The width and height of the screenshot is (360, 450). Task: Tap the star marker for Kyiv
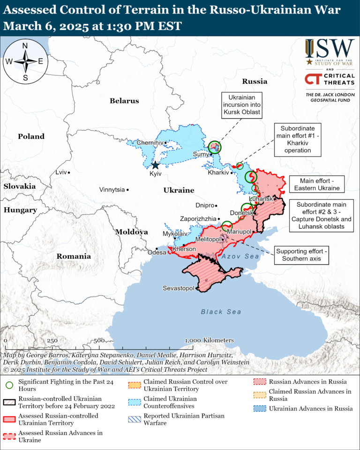(x=155, y=165)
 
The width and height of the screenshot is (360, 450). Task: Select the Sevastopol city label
(x=178, y=288)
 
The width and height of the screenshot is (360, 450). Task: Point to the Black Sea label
(x=221, y=312)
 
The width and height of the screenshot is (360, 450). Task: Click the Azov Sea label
(x=240, y=256)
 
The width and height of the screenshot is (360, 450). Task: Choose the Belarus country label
(x=124, y=101)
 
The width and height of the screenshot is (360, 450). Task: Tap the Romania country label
(x=74, y=256)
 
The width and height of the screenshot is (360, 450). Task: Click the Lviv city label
(x=61, y=172)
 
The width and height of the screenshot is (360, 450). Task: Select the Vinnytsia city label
(x=112, y=190)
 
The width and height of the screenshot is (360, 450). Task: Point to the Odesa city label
(x=157, y=252)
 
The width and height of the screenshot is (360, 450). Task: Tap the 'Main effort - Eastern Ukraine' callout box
(x=317, y=184)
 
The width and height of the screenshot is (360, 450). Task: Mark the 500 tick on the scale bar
(x=98, y=341)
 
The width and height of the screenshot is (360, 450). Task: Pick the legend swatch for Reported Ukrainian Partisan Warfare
(x=134, y=419)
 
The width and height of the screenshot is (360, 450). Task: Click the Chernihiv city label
(x=150, y=142)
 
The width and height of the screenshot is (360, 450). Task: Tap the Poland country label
(x=31, y=136)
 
